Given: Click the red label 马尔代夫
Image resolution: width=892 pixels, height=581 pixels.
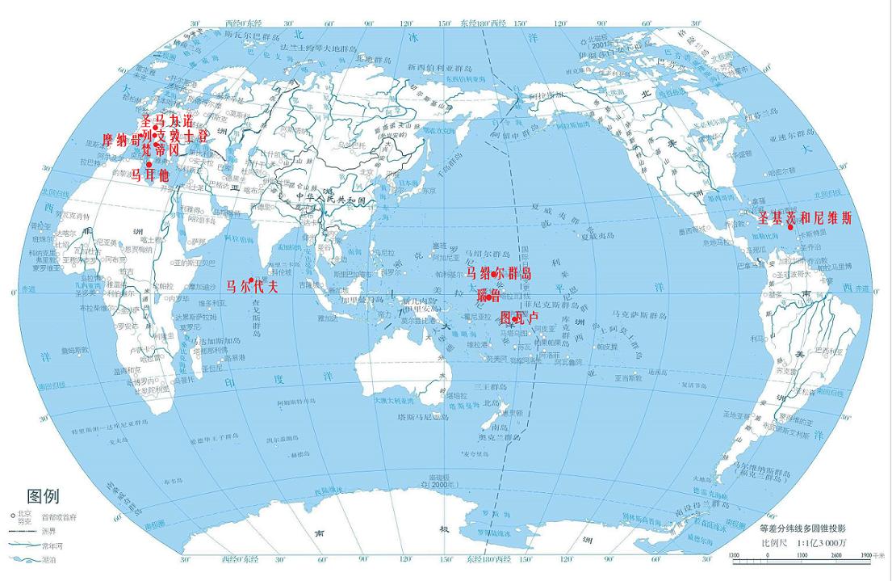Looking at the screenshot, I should point(252,286).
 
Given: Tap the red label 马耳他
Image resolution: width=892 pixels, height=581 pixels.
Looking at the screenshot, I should point(150,175).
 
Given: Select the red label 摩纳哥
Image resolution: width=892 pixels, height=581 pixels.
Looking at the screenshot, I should point(122,137).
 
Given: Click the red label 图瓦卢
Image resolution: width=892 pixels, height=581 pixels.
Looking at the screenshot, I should point(519,318).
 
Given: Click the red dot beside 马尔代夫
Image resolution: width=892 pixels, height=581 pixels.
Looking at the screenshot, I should point(251,280).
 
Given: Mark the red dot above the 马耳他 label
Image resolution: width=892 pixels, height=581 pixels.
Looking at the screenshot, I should point(149,164).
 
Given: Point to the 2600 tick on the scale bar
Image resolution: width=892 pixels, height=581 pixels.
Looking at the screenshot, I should point(835,555).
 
